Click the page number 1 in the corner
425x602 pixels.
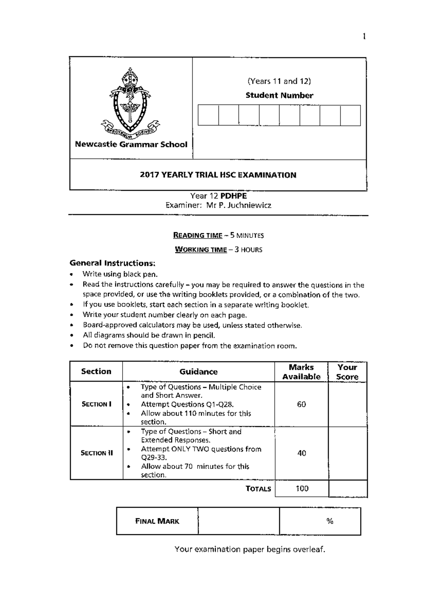(364, 36)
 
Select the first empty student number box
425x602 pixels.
(208, 115)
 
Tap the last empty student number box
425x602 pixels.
(350, 115)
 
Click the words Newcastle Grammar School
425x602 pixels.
(131, 144)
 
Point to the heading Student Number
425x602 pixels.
(279, 95)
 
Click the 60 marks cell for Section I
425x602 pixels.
(301, 404)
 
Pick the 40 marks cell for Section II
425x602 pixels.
(301, 453)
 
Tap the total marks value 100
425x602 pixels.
(302, 489)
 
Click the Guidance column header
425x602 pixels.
(198, 372)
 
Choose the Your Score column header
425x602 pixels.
(347, 372)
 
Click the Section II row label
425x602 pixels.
(97, 453)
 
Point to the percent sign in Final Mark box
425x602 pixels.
(330, 521)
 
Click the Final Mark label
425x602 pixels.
(157, 521)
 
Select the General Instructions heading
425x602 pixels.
(112, 263)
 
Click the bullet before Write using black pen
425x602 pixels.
(72, 274)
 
